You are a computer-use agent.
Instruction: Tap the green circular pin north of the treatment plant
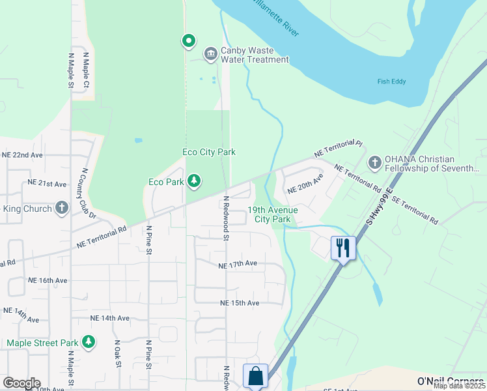189,42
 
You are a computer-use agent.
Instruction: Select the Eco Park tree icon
193,181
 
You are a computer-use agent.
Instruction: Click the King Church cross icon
62,208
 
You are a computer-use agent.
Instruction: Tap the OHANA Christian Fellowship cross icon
374,162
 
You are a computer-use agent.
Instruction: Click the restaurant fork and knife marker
343,248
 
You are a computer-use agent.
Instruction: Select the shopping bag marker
255,376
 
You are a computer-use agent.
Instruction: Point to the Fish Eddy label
391,81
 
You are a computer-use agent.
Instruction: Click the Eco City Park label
208,152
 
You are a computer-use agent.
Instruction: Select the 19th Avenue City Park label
273,214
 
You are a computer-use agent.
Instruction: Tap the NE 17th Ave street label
238,264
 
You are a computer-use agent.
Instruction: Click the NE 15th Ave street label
240,303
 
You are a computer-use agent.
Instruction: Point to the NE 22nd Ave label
22,155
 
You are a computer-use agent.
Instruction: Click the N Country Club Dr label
88,193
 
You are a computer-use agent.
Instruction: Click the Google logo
21,383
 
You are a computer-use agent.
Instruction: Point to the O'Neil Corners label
449,381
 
